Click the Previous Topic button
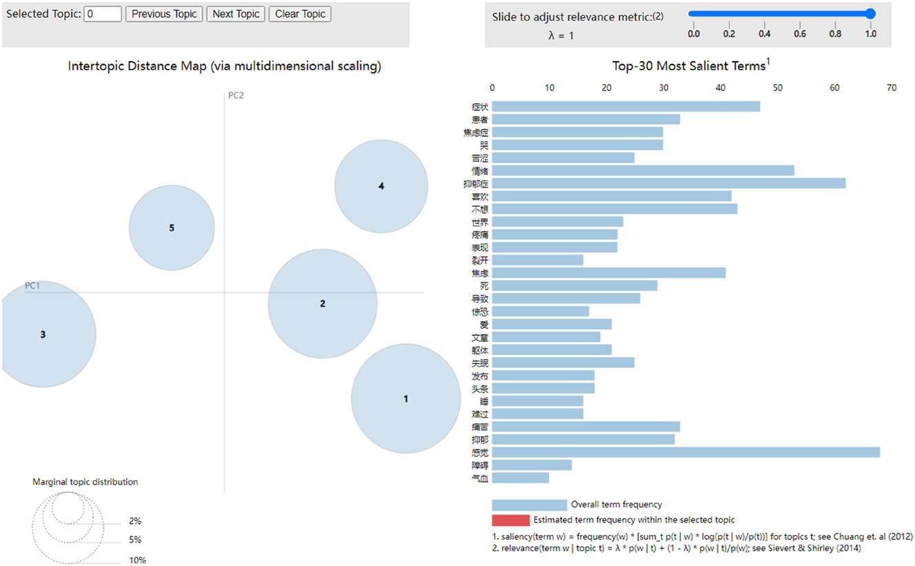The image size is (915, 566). point(164,14)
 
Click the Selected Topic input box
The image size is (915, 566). point(103,14)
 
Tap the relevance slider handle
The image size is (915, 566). point(870,13)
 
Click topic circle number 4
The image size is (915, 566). point(381,186)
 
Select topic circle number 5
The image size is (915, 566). point(172,228)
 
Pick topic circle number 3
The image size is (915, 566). point(43,335)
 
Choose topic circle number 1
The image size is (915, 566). point(406,398)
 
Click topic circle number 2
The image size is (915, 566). point(322,303)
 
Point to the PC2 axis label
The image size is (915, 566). point(236,96)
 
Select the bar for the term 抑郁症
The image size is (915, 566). point(668,183)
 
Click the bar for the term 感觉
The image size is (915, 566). point(686,452)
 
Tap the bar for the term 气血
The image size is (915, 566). point(520,478)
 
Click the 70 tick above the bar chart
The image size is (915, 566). point(892,88)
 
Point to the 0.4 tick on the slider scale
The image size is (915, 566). point(764,33)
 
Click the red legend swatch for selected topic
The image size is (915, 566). point(511,520)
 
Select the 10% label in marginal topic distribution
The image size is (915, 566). point(137,560)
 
